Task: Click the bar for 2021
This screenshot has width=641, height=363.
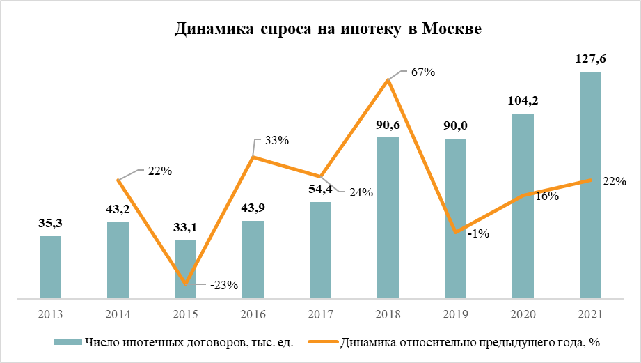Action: (590, 185)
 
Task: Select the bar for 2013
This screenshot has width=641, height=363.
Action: (50, 268)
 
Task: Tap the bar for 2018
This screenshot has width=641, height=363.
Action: (388, 218)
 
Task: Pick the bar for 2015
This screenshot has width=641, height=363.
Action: (185, 270)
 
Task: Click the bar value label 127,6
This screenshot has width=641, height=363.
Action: (590, 59)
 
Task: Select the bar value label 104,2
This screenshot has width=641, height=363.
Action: (523, 100)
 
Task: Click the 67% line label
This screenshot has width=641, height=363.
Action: (422, 72)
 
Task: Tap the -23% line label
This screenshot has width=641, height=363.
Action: (223, 284)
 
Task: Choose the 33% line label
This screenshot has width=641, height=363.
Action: (276, 141)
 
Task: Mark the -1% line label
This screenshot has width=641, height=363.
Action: (478, 234)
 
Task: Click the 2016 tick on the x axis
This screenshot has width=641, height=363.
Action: (253, 314)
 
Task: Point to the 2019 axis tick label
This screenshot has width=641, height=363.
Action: (455, 314)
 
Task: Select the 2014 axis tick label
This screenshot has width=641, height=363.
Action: (118, 314)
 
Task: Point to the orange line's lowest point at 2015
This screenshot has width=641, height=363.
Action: (185, 283)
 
